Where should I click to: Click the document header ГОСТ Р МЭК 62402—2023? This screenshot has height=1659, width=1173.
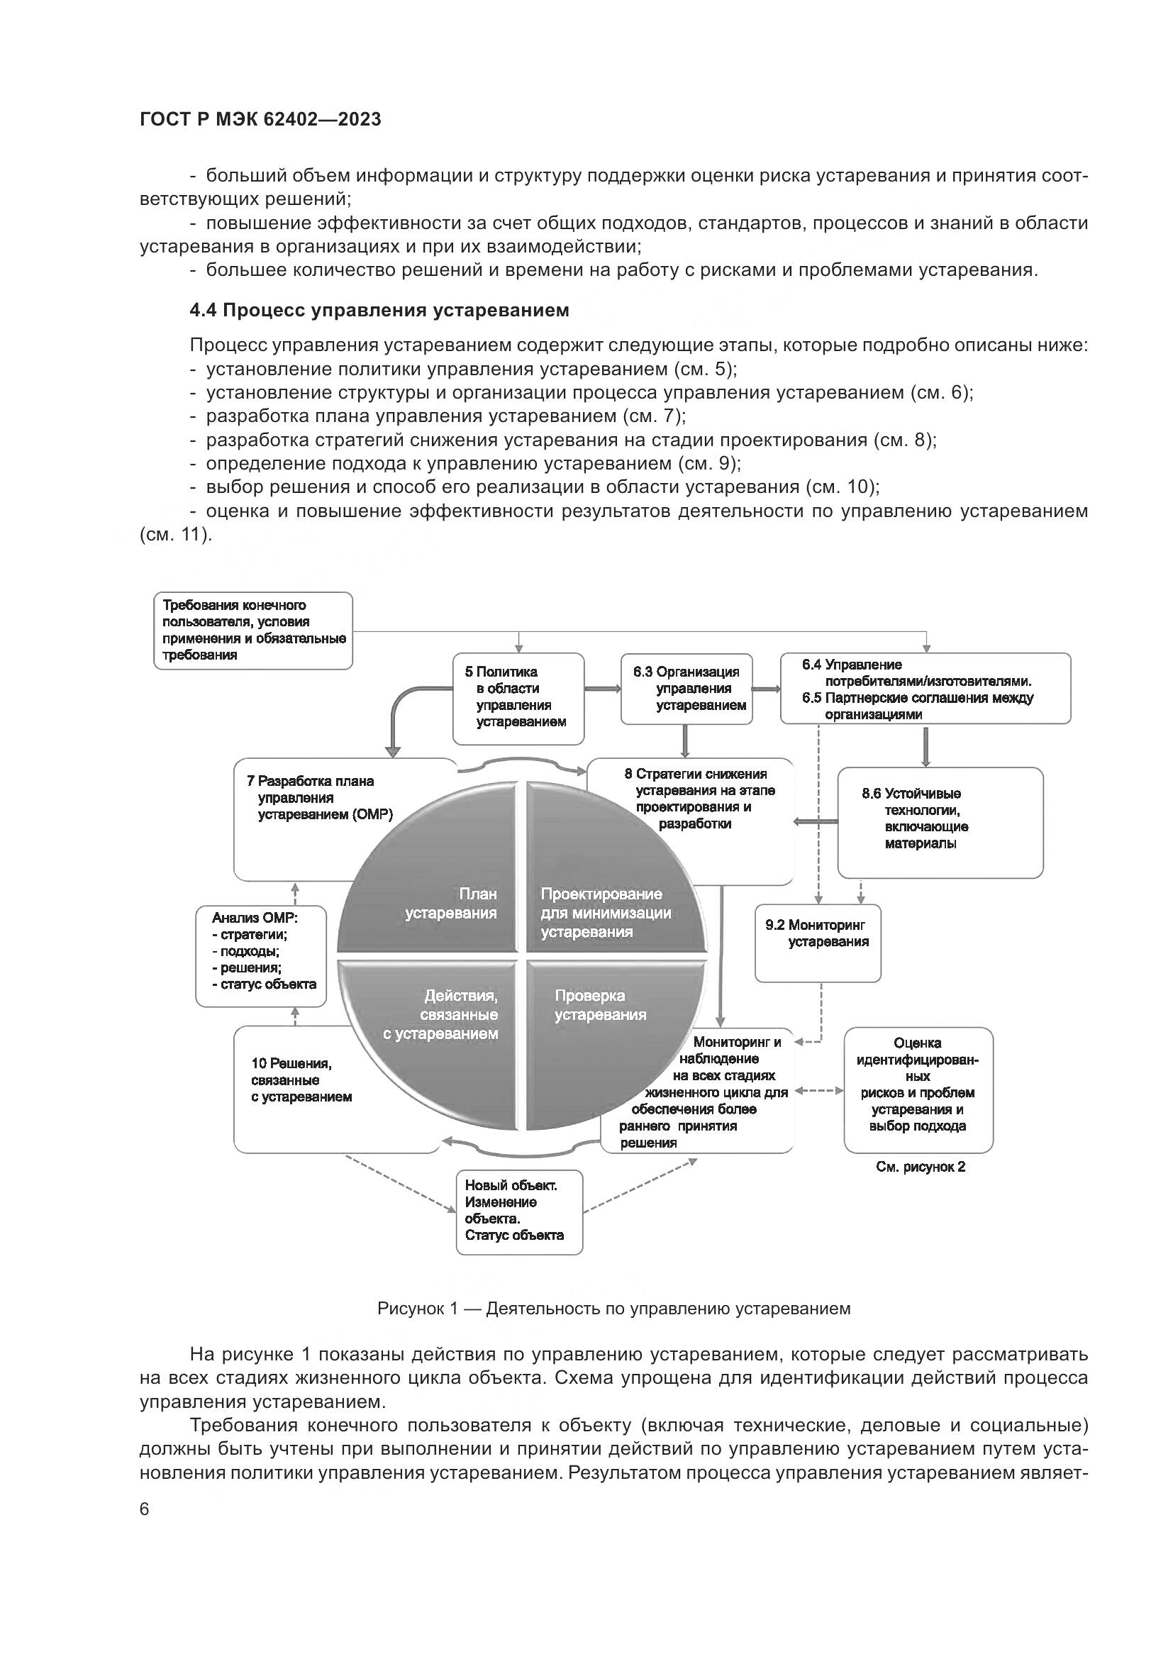tap(260, 119)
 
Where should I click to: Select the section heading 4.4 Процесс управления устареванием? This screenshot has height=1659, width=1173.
tap(379, 310)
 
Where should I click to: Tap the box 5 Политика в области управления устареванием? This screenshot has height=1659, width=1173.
tap(518, 698)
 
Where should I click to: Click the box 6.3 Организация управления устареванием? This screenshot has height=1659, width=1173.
tap(687, 689)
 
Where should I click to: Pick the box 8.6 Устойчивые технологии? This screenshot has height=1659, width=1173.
tap(940, 822)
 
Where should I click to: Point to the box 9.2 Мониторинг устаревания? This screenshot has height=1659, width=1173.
tap(818, 942)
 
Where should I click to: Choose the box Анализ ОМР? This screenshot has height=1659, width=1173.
tap(261, 955)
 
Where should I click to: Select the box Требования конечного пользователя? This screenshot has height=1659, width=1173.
tap(252, 630)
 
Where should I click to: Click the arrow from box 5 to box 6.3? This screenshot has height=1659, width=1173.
tap(602, 689)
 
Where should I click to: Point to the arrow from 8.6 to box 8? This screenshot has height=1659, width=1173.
tap(816, 821)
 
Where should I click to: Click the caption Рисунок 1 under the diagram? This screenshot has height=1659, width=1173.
tap(613, 1308)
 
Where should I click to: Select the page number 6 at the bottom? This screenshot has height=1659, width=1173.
tap(145, 1509)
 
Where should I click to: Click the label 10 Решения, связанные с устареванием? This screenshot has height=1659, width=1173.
tap(301, 1080)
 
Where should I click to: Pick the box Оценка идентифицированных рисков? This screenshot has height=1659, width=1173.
tap(918, 1089)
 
